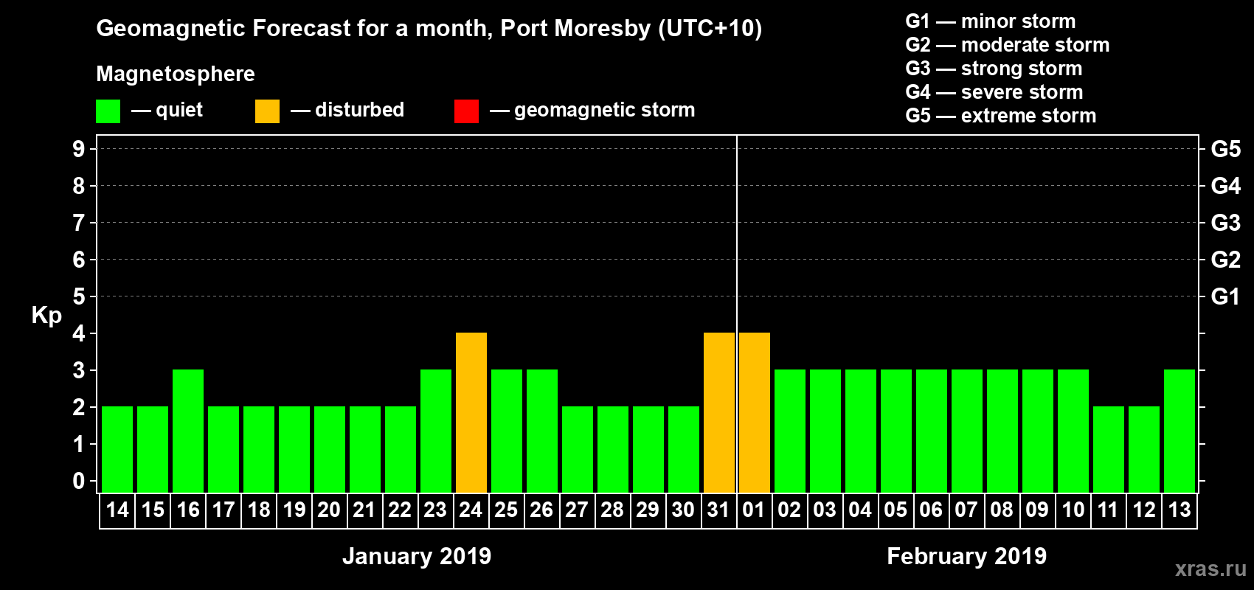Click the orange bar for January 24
[x=471, y=412]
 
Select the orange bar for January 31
[x=719, y=412]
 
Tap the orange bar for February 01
[x=755, y=412]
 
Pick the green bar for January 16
[x=188, y=431]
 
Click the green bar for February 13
[x=1179, y=431]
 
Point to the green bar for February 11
[x=1109, y=449]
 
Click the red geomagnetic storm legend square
[x=466, y=111]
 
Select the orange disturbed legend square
[x=267, y=111]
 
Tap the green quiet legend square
[x=108, y=111]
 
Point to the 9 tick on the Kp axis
[x=79, y=149]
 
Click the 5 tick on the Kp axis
[x=79, y=296]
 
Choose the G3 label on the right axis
[x=1225, y=223]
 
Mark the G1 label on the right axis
[x=1225, y=296]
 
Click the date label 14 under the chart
[x=117, y=510]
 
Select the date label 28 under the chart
[x=612, y=510]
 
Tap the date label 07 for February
[x=966, y=510]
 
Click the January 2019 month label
[x=417, y=556]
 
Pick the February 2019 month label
[x=966, y=556]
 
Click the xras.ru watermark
[x=1210, y=569]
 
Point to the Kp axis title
[x=46, y=315]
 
